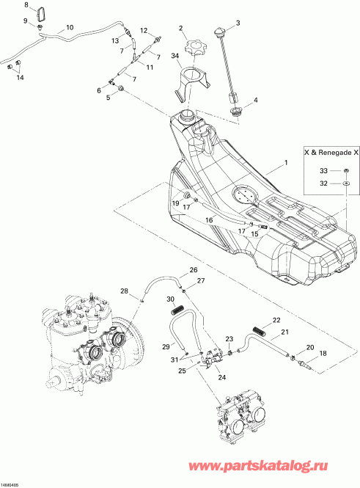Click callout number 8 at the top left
[x=27, y=5]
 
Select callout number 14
[x=19, y=77]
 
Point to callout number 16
[x=209, y=219]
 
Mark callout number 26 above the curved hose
[x=194, y=270]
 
